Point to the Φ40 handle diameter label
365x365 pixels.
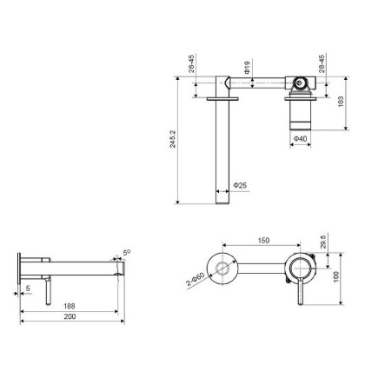[x=299, y=137]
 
